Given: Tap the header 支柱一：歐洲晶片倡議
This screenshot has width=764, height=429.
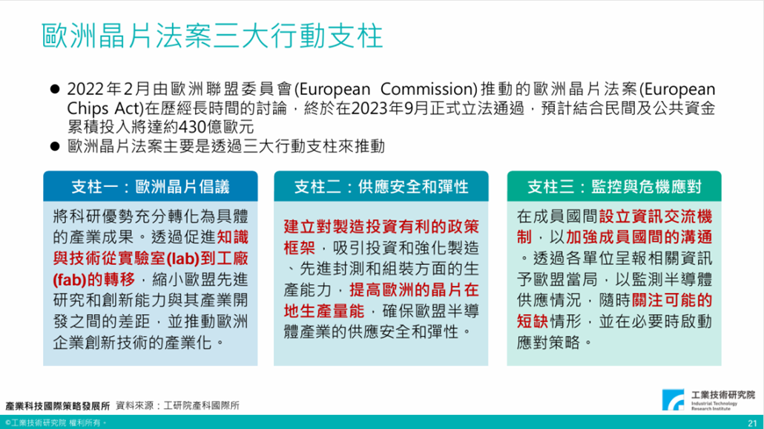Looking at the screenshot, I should [150, 186].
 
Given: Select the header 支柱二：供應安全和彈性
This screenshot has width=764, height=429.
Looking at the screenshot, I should [381, 186].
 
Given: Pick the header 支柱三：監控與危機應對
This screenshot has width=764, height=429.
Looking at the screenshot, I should [614, 186].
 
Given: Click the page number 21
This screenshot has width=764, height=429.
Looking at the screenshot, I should [751, 421].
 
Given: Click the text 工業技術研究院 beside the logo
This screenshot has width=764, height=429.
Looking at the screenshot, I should [722, 394].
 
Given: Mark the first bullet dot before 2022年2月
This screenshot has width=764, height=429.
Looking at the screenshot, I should [54, 90].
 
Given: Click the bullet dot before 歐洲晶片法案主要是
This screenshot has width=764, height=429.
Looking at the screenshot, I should [54, 145].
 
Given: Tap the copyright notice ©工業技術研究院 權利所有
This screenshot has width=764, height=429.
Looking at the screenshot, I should [56, 422].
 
